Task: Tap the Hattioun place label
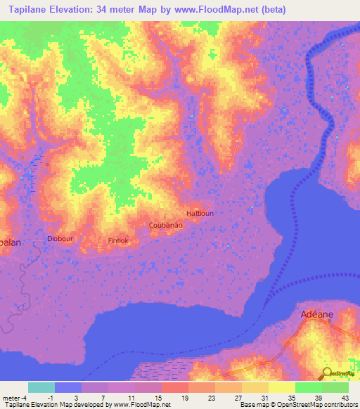tap(200, 213)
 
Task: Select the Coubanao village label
tap(166, 225)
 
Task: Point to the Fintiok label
tap(118, 240)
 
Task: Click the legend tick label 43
tap(345, 396)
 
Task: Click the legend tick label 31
tap(264, 396)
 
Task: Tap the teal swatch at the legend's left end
tap(41, 387)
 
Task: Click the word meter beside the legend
tap(12, 396)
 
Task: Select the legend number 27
tap(237, 396)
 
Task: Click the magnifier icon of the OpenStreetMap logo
tap(326, 373)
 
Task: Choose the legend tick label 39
tap(318, 396)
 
